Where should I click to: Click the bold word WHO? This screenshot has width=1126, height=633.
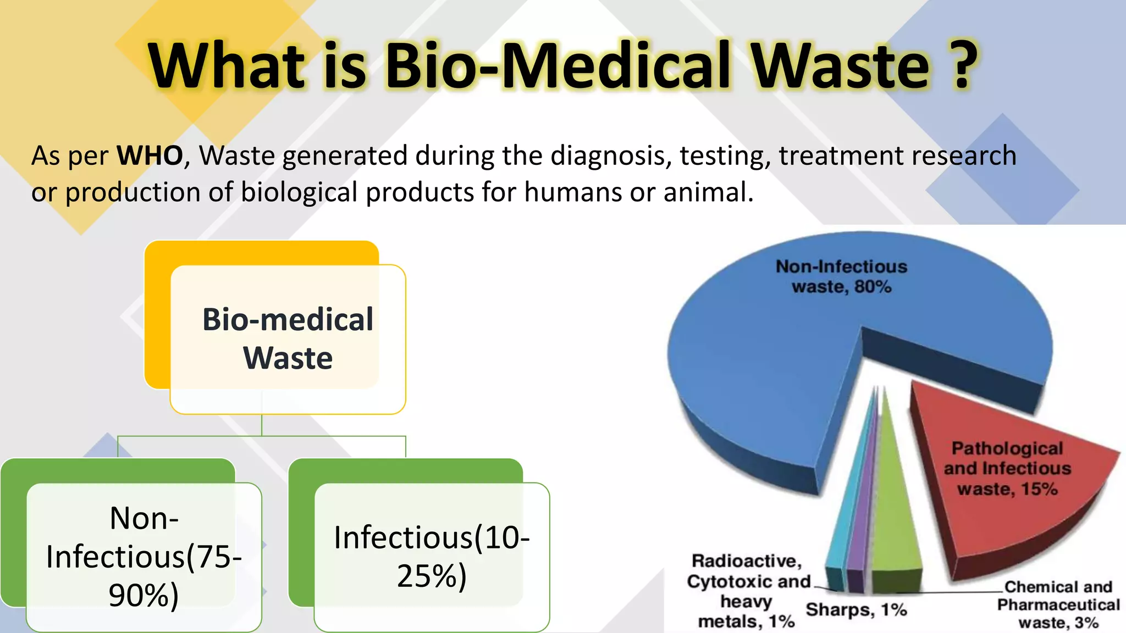click(x=150, y=156)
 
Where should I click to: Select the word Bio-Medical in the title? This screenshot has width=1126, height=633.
click(x=559, y=66)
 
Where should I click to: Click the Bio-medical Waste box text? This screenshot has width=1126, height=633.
click(x=288, y=338)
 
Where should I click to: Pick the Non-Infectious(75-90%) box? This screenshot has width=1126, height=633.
click(x=143, y=556)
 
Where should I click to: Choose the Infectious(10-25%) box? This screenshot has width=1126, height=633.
click(x=432, y=556)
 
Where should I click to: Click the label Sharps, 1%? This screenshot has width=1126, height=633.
click(x=856, y=609)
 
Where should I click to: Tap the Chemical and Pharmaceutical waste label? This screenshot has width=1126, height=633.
click(x=1058, y=604)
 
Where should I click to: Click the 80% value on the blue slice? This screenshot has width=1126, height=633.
click(x=873, y=287)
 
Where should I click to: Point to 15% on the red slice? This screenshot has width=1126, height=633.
click(x=1039, y=489)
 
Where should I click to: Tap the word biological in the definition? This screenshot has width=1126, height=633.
click(x=299, y=192)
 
